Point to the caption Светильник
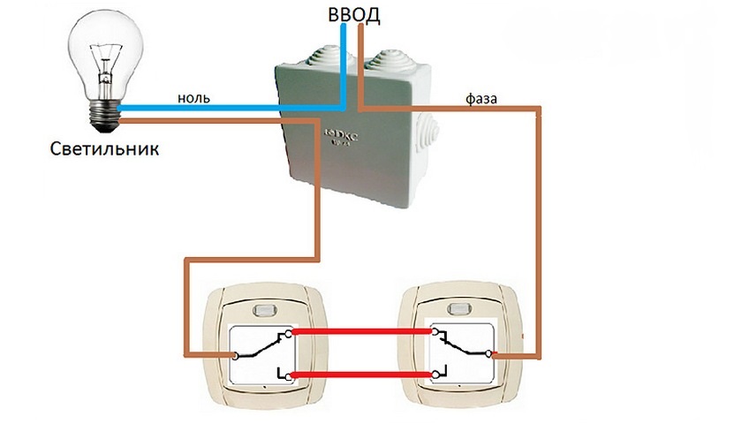tap(104, 148)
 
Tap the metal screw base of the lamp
tap(106, 112)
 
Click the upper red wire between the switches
tap(362, 332)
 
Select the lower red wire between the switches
tap(362, 376)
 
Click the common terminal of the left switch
tap(236, 356)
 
